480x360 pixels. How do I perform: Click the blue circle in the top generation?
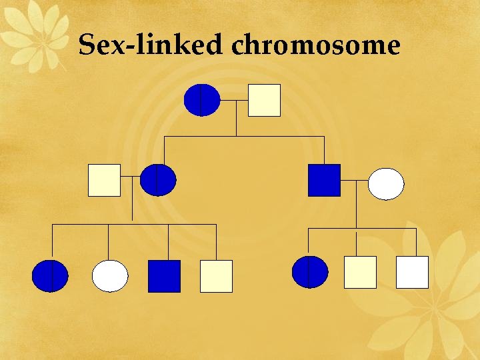tap(201, 100)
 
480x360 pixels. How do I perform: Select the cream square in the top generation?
tap(264, 100)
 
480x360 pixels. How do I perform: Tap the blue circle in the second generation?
tap(158, 180)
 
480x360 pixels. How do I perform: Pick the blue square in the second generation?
tap(324, 180)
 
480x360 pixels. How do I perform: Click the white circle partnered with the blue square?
tap(386, 184)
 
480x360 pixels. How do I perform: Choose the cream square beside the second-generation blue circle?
tap(104, 180)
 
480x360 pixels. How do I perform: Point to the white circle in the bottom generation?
tap(110, 276)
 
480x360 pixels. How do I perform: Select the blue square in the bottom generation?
tap(164, 276)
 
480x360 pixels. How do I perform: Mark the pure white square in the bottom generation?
tap(412, 272)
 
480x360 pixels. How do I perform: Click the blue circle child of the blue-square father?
tap(310, 272)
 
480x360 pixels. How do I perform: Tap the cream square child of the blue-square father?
tap(360, 272)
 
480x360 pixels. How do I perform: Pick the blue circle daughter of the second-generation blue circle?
tap(50, 276)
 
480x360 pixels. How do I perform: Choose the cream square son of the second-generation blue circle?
tap(216, 276)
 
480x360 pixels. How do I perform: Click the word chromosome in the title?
tap(316, 45)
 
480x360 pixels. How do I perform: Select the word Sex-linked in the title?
tap(151, 45)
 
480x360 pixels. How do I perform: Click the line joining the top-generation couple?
tap(234, 101)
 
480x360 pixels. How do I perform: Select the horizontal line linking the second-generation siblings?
tap(244, 137)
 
